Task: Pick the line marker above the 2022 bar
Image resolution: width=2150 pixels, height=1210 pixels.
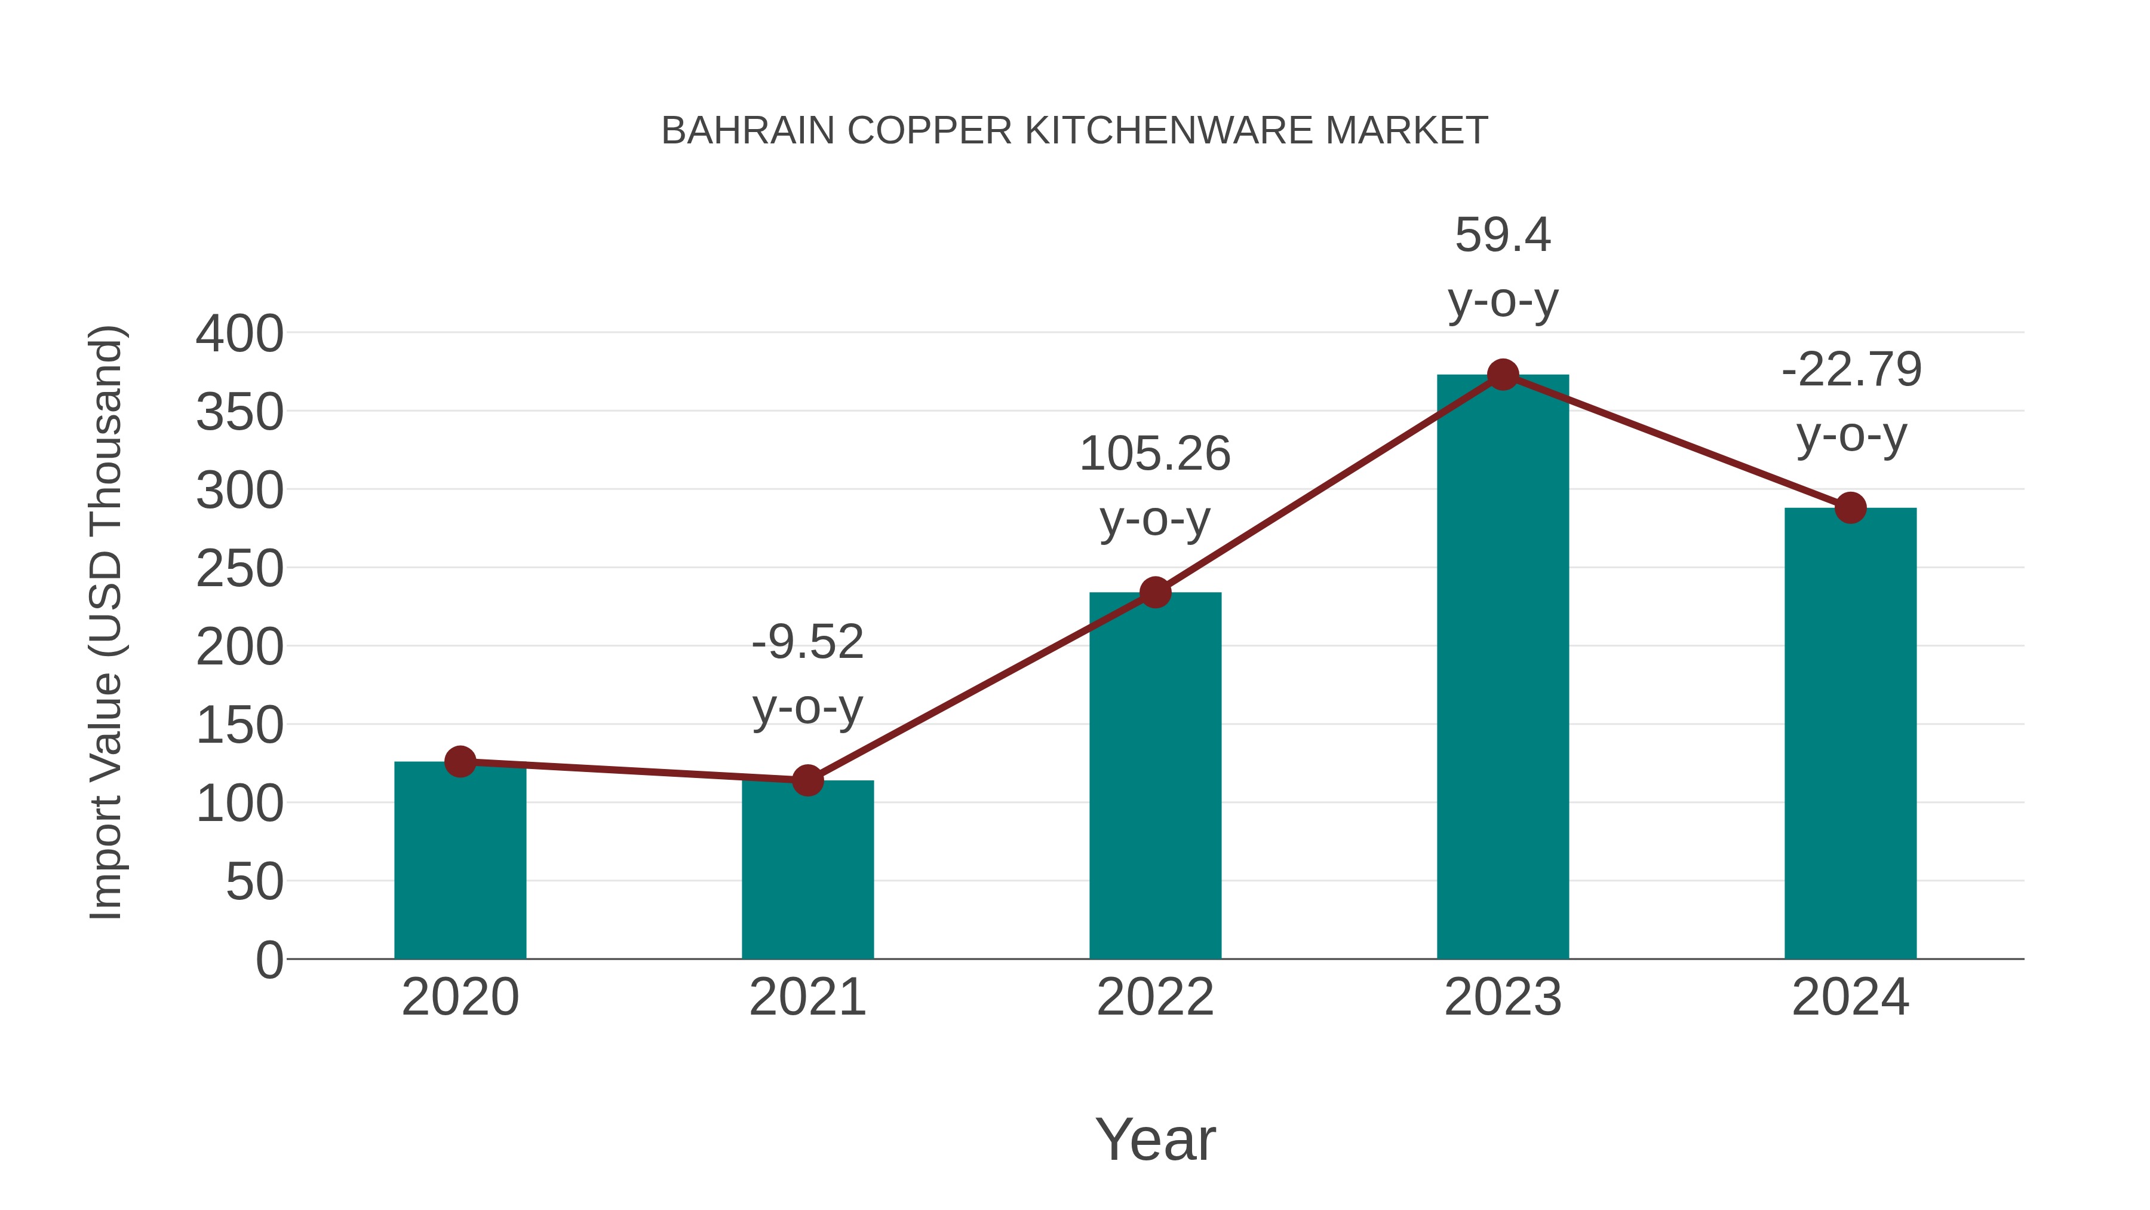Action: coord(1155,593)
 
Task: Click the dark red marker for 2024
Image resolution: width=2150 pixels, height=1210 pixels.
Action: coord(1850,508)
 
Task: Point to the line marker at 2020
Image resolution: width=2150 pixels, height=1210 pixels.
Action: coord(460,762)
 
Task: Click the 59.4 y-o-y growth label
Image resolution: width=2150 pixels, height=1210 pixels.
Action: coord(1503,267)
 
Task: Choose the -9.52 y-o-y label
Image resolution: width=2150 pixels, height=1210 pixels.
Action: coord(807,675)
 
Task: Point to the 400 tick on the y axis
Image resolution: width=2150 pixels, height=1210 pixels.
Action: coord(239,334)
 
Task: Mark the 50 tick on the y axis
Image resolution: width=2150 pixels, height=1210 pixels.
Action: coord(254,882)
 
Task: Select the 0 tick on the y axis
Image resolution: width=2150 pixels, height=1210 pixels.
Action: coord(269,960)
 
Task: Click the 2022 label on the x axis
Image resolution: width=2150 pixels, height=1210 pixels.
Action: coord(1155,997)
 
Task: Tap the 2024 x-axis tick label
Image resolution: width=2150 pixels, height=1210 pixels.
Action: coord(1850,997)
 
